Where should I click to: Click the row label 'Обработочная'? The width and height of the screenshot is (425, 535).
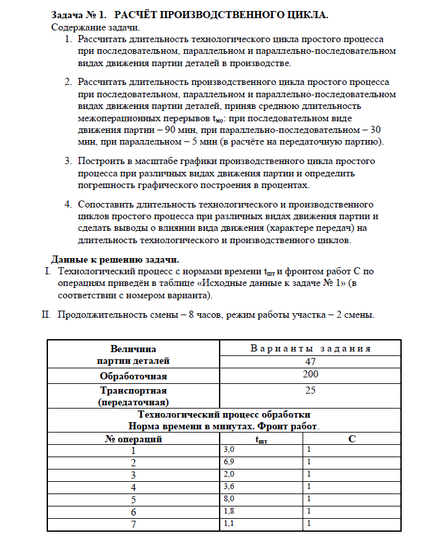(x=133, y=376)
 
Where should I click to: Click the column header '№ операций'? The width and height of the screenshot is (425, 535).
(x=133, y=439)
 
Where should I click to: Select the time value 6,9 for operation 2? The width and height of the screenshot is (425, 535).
(x=229, y=462)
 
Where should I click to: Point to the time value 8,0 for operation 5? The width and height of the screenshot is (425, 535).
(x=229, y=499)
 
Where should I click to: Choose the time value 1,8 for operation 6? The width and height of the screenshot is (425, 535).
(x=229, y=512)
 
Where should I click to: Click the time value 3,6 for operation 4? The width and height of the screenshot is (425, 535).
(x=229, y=487)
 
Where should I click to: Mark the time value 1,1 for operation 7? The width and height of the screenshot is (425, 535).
(x=229, y=523)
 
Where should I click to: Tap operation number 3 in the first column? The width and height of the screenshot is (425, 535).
(x=133, y=475)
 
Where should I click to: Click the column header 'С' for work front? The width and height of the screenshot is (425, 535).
(x=351, y=439)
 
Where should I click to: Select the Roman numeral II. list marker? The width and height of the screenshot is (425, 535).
(x=46, y=315)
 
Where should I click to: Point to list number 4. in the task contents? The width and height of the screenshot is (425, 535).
(x=68, y=205)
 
